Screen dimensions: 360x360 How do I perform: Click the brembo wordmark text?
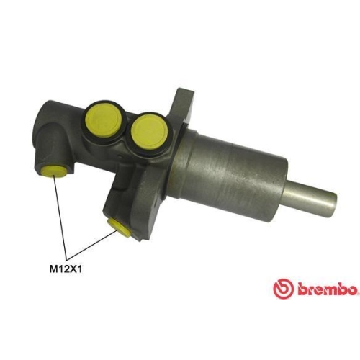coord(324,289)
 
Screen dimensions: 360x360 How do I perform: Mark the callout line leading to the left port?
coord(58,216)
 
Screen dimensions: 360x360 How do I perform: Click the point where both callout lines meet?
coord(67,260)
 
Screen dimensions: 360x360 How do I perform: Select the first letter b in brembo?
coord(295,289)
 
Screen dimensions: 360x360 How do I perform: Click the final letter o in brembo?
coord(353,289)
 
